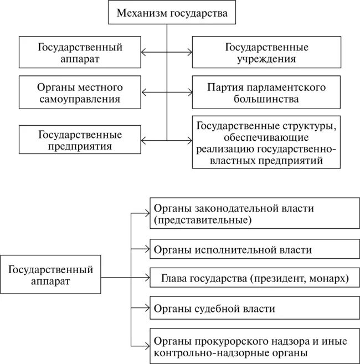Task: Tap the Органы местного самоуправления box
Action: [79, 93]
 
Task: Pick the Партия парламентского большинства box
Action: [266, 93]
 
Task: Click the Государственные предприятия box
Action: [79, 140]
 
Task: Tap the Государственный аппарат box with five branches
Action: [50, 275]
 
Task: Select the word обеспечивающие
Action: [266, 136]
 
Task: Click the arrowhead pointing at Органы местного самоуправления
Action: [143, 93]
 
